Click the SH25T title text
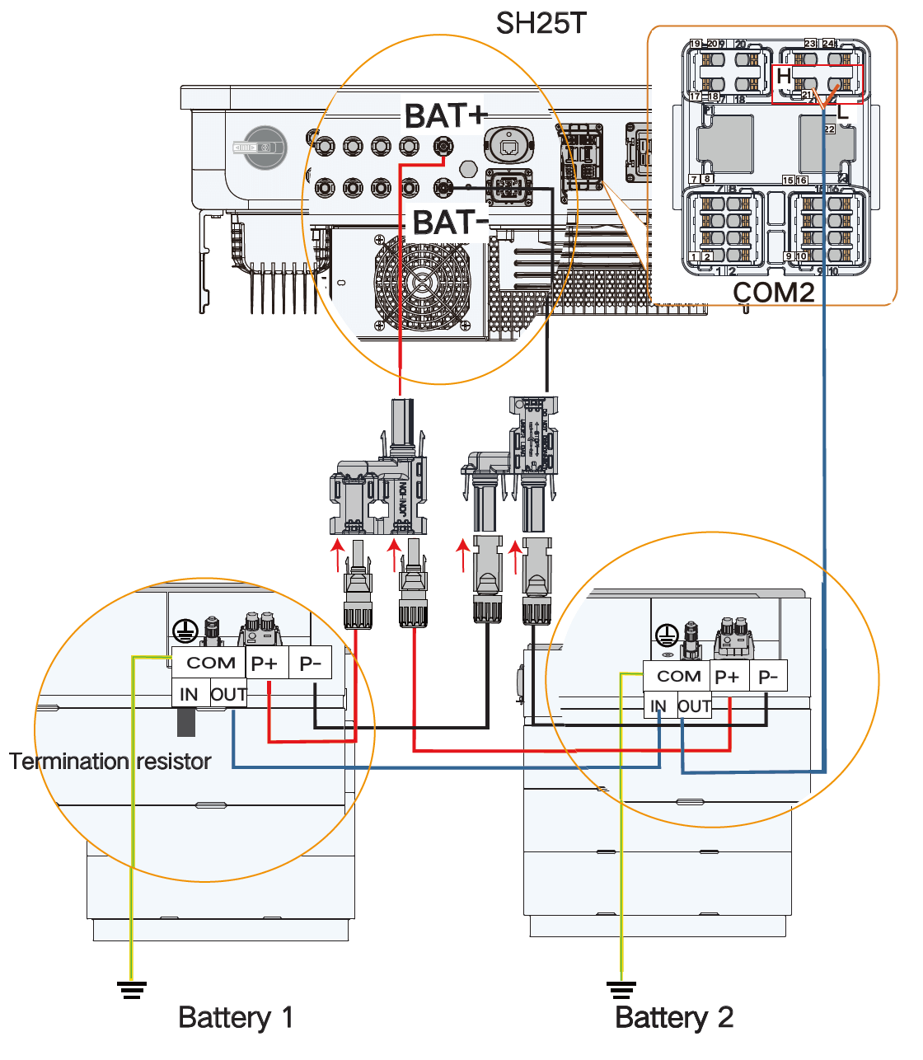pos(541,23)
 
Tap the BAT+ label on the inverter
pos(444,115)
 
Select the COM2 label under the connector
pos(773,292)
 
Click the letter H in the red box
pos(784,76)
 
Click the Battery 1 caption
pos(236,1017)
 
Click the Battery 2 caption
pos(674,1017)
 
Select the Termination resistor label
pos(110,761)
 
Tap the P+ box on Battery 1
pos(265,664)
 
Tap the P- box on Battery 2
pos(768,677)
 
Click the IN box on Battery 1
pos(190,695)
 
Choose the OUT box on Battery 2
pos(694,706)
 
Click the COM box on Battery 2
pos(678,677)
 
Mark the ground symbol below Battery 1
pos(131,988)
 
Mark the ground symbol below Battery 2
pos(621,988)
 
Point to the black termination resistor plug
pos(186,722)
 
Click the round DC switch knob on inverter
pos(264,148)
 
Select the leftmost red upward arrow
pos(336,555)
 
